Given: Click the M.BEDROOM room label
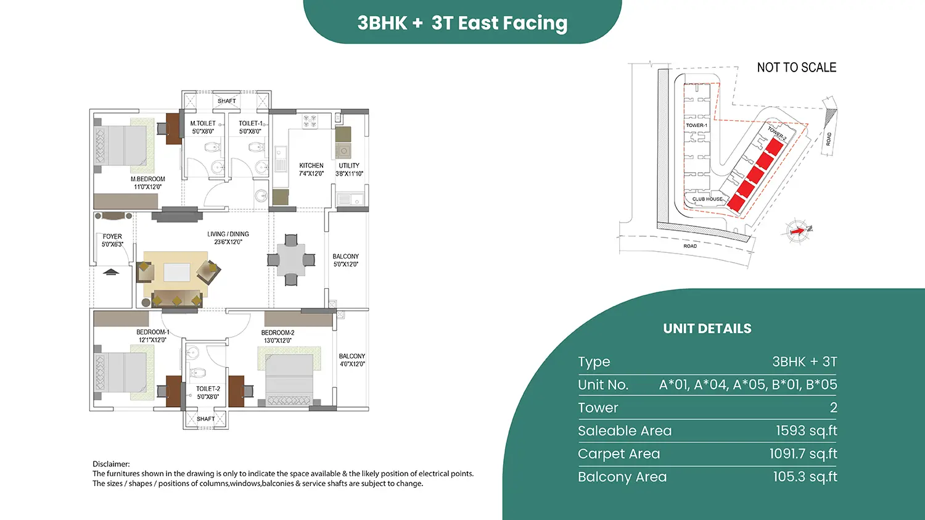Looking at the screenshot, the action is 148,179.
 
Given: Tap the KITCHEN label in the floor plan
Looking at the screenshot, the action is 311,165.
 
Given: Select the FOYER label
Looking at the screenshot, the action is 112,236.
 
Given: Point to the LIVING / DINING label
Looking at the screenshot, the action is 228,234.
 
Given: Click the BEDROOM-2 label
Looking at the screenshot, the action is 277,332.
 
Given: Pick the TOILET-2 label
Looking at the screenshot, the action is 208,389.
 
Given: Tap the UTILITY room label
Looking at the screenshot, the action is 349,165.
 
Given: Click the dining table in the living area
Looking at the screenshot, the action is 291,260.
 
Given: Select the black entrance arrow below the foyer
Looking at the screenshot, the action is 110,272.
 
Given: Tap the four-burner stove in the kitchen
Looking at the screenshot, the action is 310,121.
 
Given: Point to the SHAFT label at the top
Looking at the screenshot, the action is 227,101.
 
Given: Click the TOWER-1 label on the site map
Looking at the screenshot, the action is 697,125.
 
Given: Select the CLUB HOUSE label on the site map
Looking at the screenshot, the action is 707,199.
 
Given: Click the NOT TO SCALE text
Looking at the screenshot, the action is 797,67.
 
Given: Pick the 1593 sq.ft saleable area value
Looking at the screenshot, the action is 807,431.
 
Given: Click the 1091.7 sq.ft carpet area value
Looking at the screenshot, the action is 803,453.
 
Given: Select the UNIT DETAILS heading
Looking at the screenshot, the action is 707,328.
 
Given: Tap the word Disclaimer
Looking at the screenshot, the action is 111,464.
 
